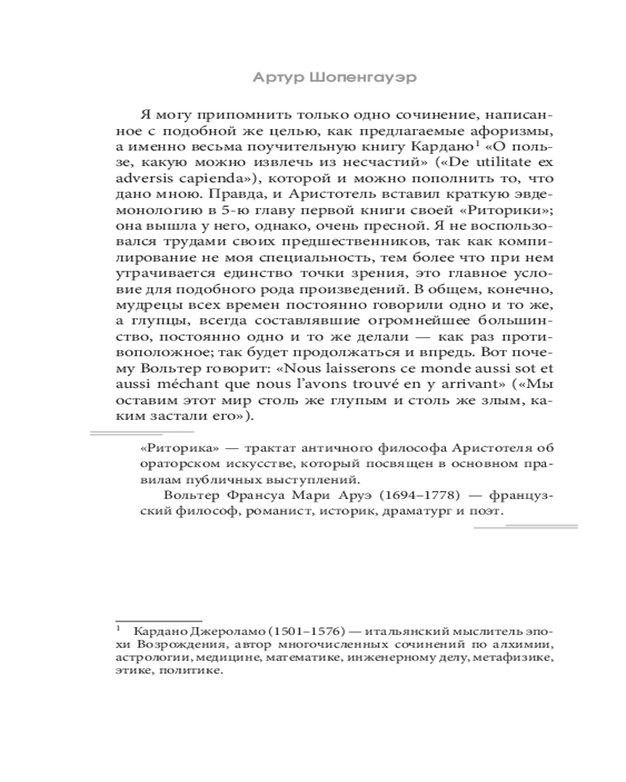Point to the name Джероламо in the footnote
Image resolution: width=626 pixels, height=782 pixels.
tap(220, 630)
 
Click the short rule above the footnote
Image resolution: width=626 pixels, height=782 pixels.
tap(159, 619)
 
